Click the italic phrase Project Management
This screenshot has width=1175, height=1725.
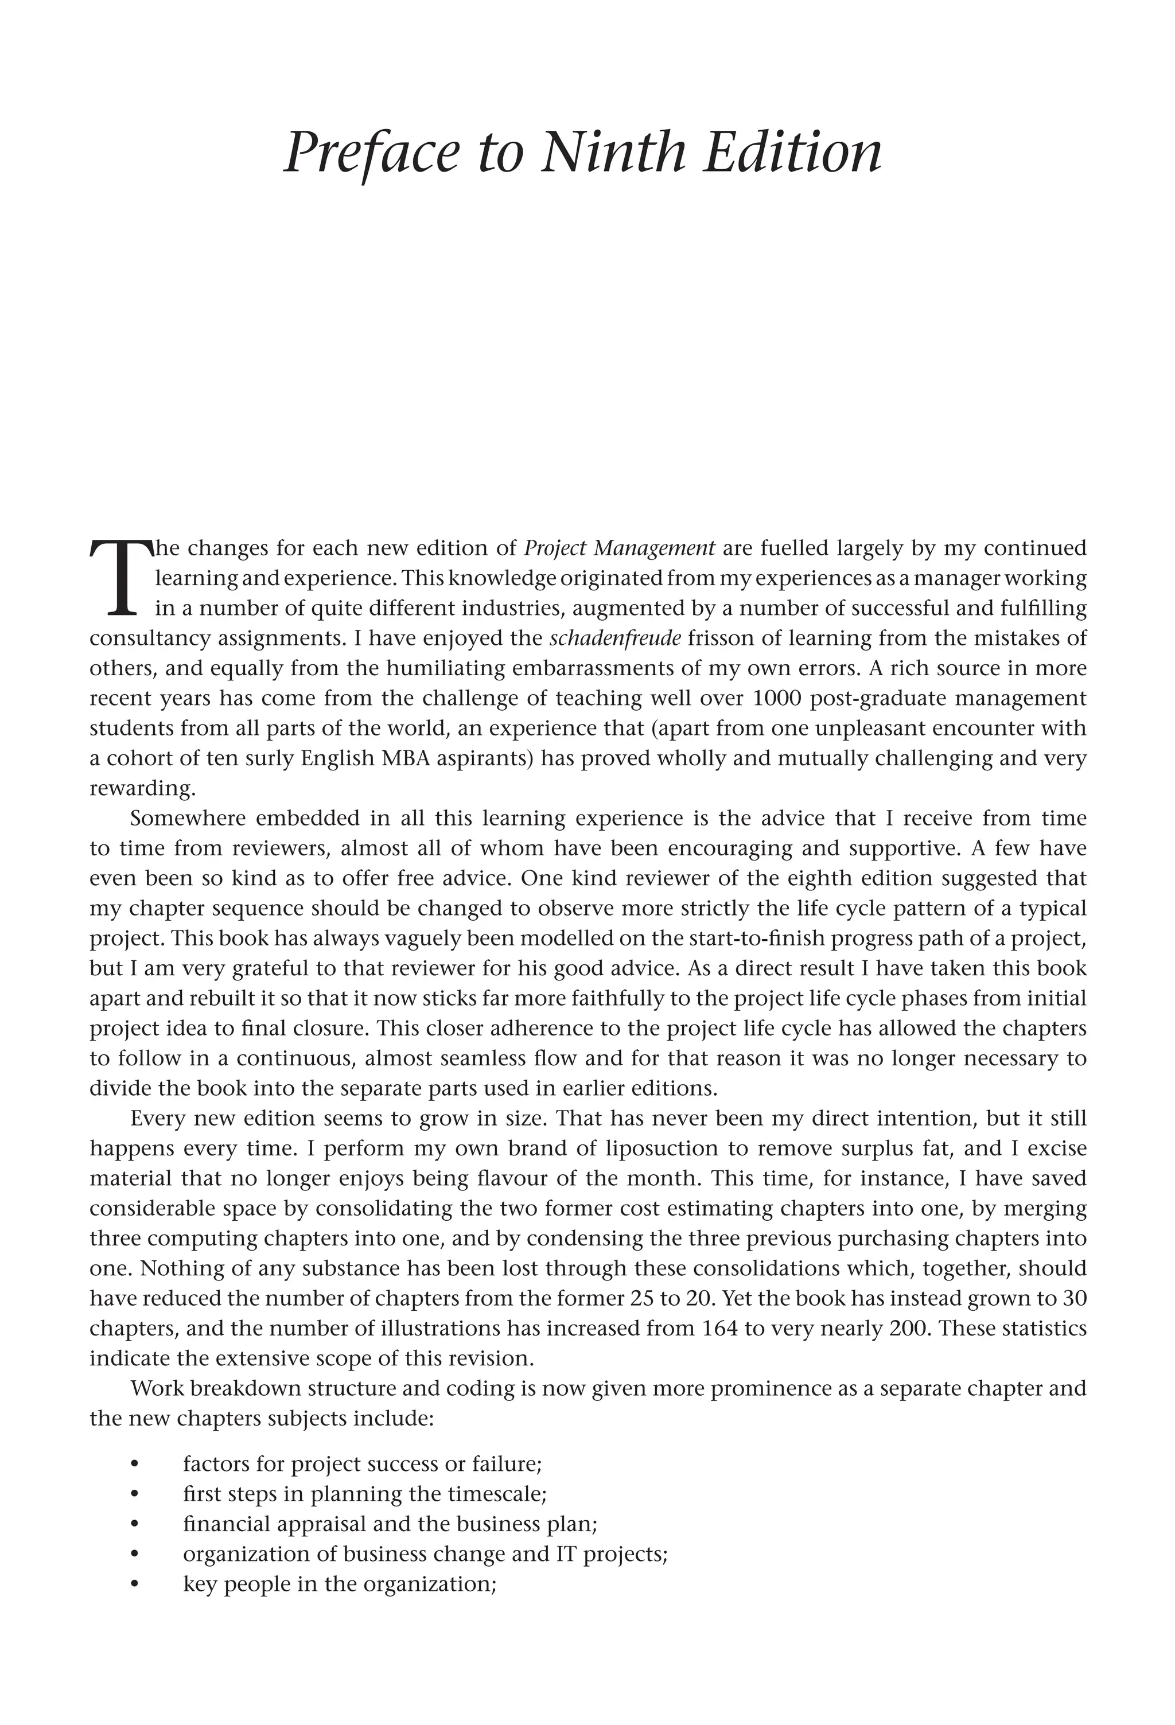pyautogui.click(x=619, y=548)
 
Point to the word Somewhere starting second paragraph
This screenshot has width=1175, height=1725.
pyautogui.click(x=185, y=818)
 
